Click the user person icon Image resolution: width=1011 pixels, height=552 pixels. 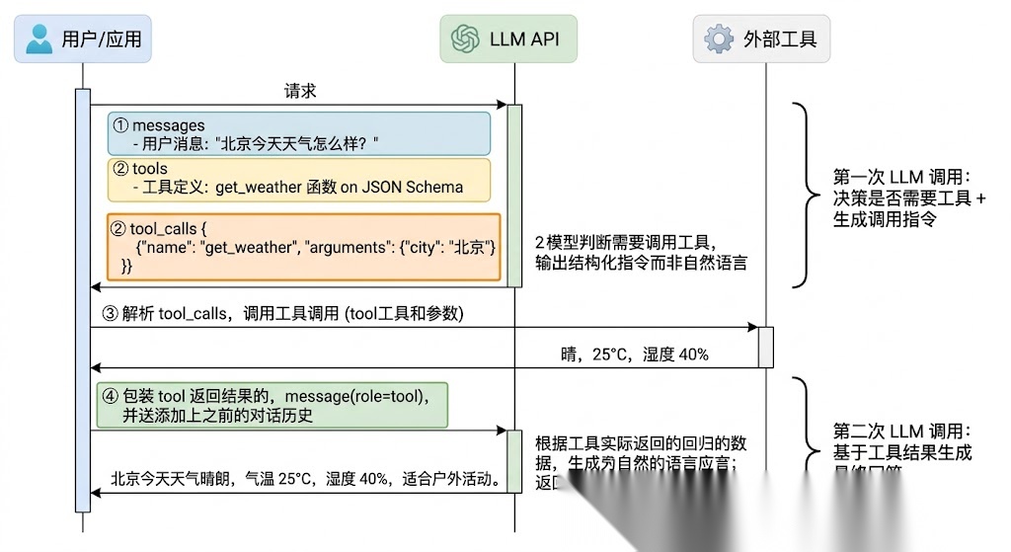coord(39,39)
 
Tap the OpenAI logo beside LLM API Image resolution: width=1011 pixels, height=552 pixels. coord(465,39)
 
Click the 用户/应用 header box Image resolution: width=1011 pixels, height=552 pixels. coord(83,39)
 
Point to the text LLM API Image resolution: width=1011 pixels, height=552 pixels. coord(523,39)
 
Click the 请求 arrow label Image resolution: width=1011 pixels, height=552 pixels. coord(299,91)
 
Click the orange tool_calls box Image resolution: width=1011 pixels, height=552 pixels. coord(304,247)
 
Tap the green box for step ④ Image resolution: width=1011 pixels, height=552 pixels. coord(272,405)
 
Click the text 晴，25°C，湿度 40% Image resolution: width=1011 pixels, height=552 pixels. coord(634,355)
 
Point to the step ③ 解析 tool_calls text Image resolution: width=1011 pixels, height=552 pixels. coord(281,314)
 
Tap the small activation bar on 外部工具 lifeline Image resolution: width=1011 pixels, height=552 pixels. coord(765,346)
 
